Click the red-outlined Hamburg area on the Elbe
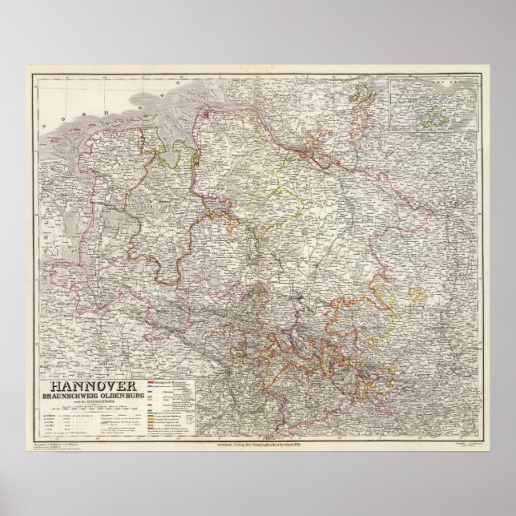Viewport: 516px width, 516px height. click(x=308, y=146)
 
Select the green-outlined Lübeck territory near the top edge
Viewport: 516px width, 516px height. click(x=365, y=96)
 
